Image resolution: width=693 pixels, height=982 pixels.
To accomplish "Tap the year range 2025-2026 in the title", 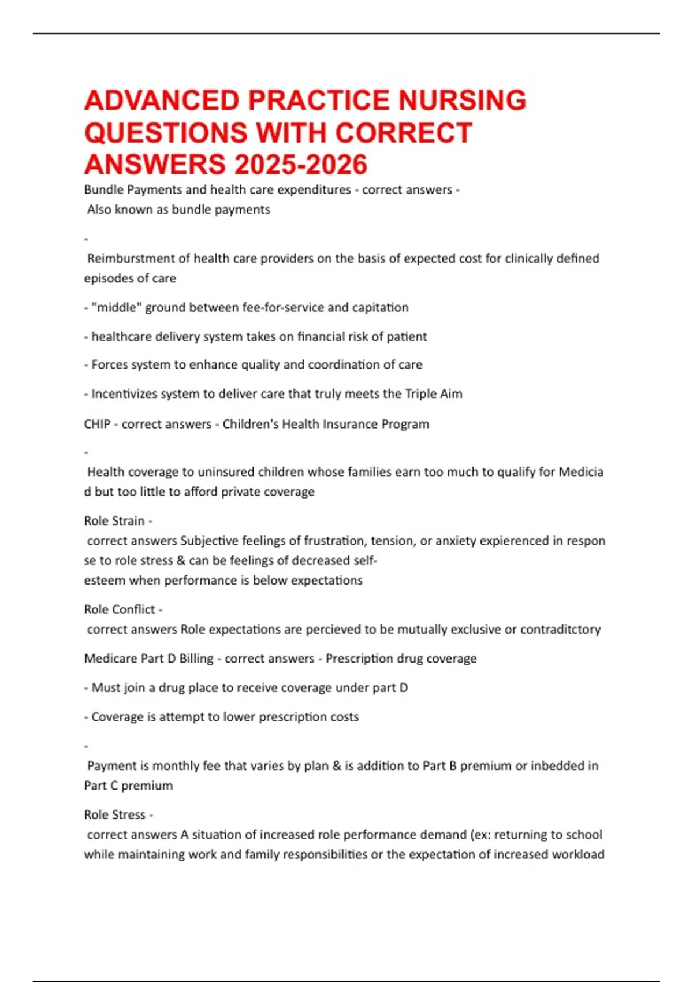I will click(300, 165).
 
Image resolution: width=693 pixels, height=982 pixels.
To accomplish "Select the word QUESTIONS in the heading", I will click(166, 133).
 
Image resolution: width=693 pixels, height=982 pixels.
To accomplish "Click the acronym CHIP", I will click(97, 424).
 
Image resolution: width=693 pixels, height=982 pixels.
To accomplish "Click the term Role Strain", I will click(114, 521).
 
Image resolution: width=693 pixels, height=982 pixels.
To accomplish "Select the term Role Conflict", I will click(120, 609).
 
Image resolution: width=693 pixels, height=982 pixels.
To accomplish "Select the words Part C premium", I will click(128, 786).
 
